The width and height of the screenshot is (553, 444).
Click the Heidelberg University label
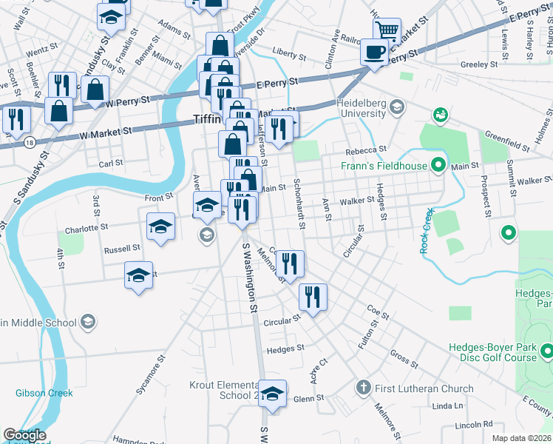click(x=361, y=108)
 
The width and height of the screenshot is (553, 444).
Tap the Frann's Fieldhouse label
click(x=384, y=166)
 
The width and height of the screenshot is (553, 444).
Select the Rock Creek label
click(x=427, y=231)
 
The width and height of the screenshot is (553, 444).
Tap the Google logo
click(x=24, y=435)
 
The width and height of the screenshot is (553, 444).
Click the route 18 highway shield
click(x=28, y=140)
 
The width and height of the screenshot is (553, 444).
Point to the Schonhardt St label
click(x=299, y=203)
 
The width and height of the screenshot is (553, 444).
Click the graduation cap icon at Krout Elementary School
click(x=273, y=394)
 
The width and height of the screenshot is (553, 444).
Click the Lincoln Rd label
click(x=473, y=425)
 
